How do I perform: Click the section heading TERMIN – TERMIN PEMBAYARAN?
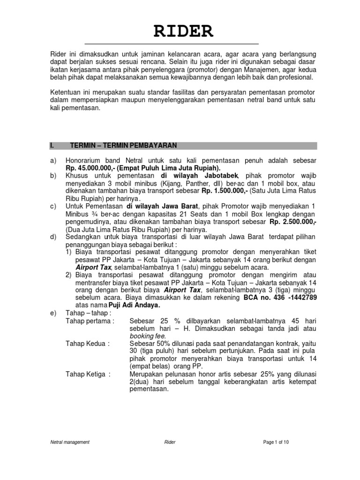(x=123, y=145)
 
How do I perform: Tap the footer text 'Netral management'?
(x=70, y=442)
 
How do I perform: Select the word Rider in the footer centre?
(x=170, y=442)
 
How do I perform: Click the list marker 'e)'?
(x=53, y=313)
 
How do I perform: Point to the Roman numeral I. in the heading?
(x=52, y=145)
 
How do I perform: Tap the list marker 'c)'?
(x=53, y=206)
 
